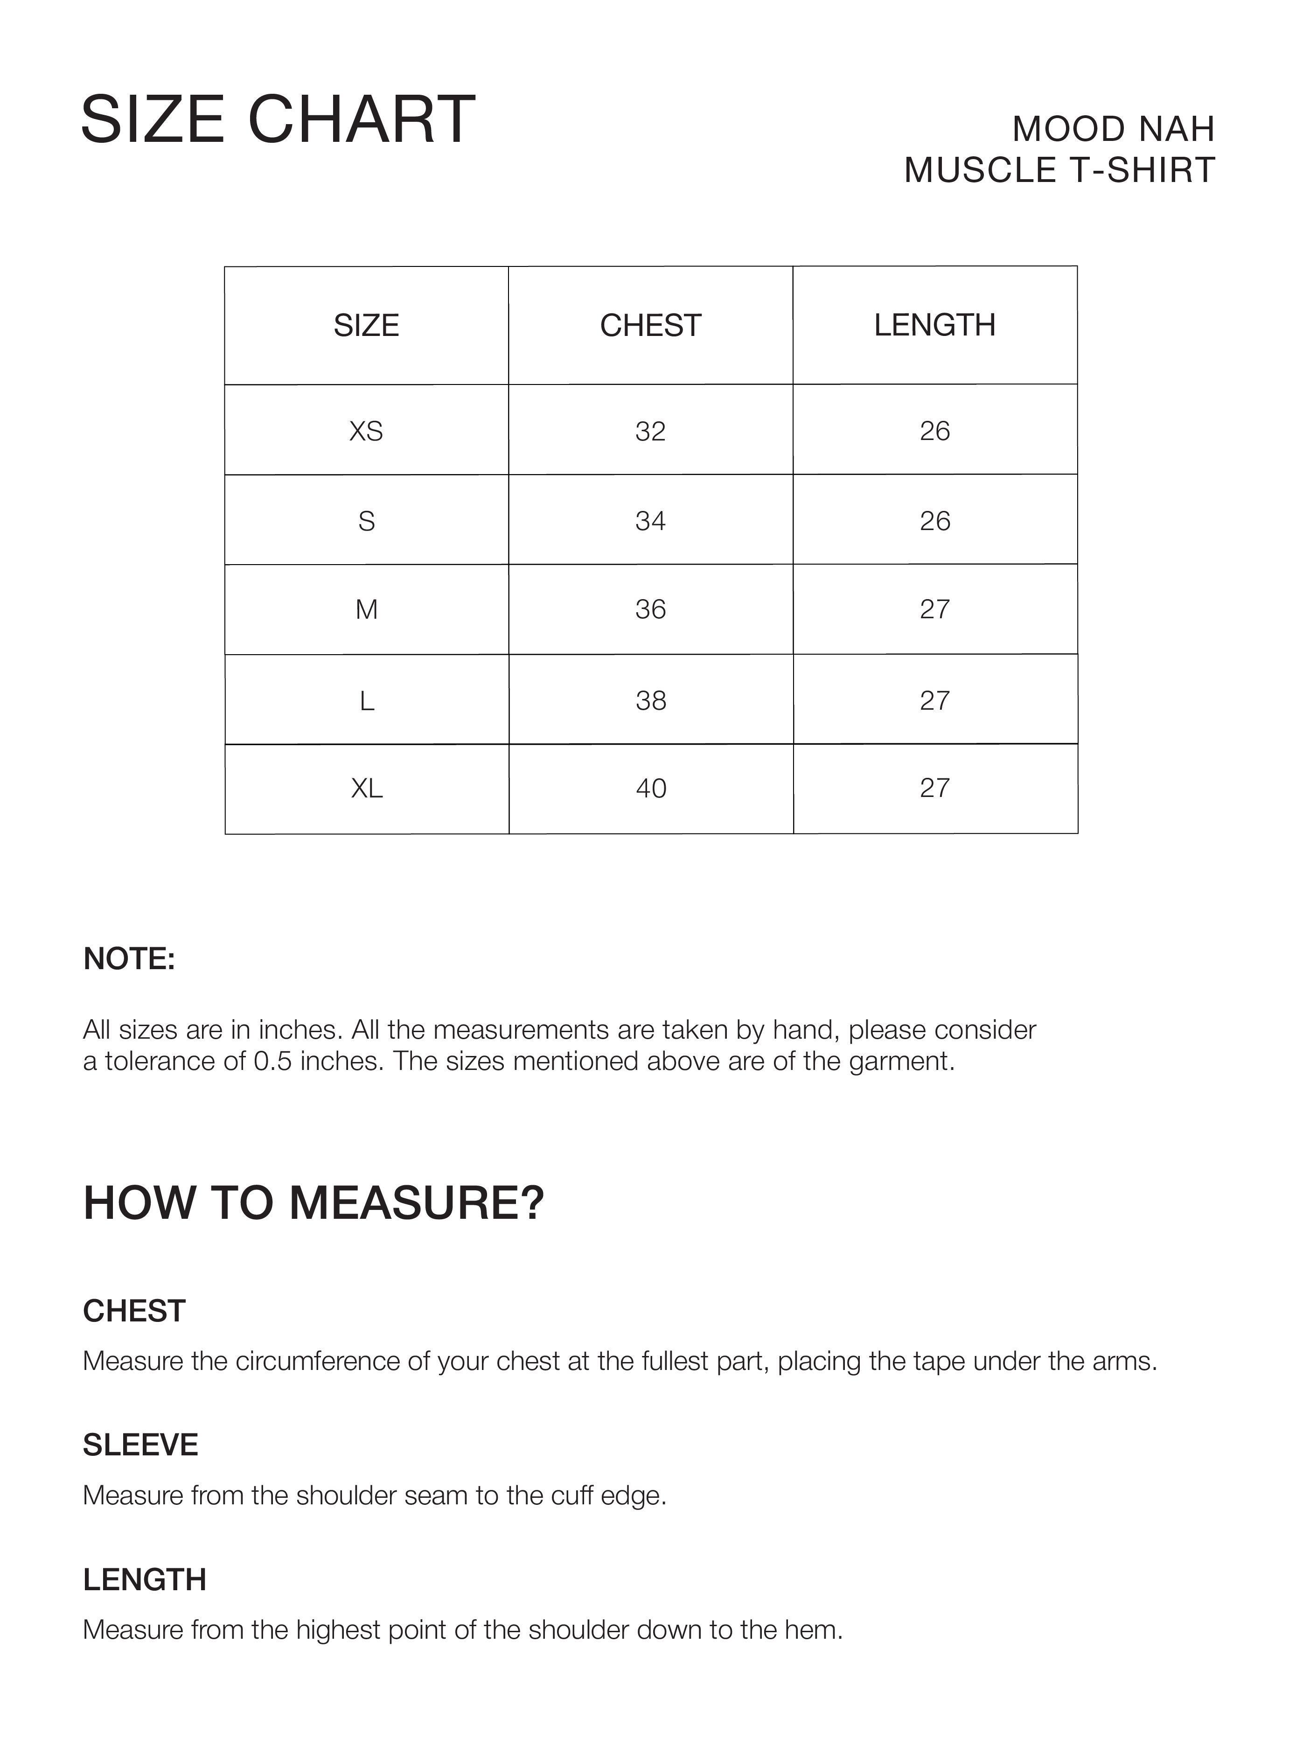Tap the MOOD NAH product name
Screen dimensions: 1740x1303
coord(1113,129)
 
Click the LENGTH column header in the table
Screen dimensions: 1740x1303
coord(934,325)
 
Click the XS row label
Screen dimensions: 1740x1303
coord(366,431)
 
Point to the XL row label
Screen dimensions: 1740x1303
coord(366,788)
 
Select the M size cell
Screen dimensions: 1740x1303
coord(366,609)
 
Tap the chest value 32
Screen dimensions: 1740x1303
coord(650,431)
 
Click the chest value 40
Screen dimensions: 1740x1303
coord(650,788)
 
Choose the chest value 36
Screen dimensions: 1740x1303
coord(650,609)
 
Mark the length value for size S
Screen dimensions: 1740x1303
coord(934,521)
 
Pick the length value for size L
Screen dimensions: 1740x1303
coord(934,700)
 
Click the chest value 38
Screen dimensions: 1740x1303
coord(650,700)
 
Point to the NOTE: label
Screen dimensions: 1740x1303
coord(129,959)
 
